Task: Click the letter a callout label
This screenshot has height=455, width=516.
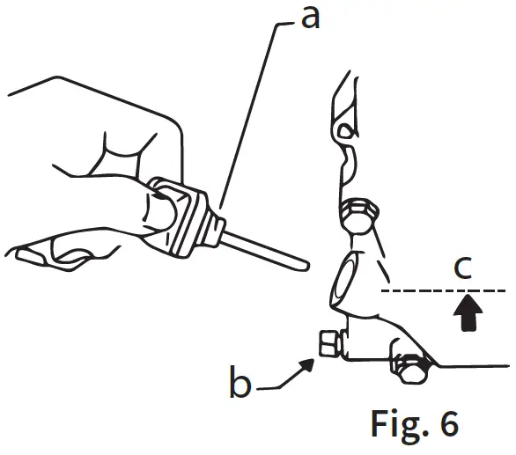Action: click(309, 17)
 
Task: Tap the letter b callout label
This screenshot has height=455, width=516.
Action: click(239, 385)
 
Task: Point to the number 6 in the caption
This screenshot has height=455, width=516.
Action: click(446, 423)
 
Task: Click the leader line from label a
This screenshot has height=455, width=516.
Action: click(255, 114)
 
